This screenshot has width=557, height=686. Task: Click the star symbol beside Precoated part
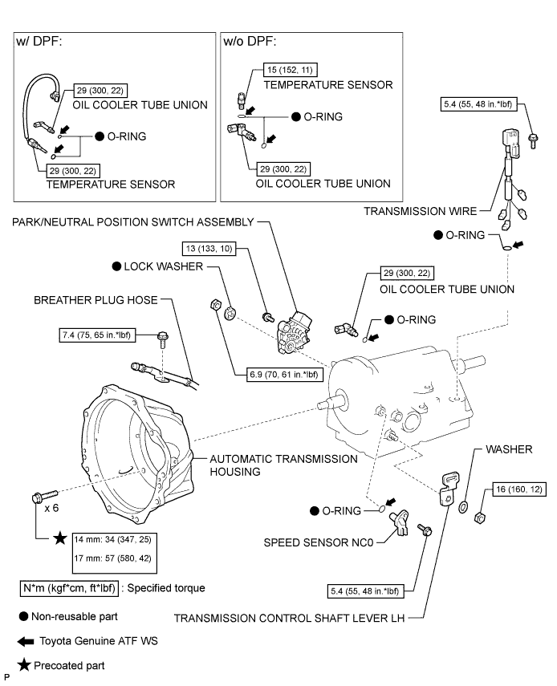point(27,665)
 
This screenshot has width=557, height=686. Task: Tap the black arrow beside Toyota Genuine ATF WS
point(29,641)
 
